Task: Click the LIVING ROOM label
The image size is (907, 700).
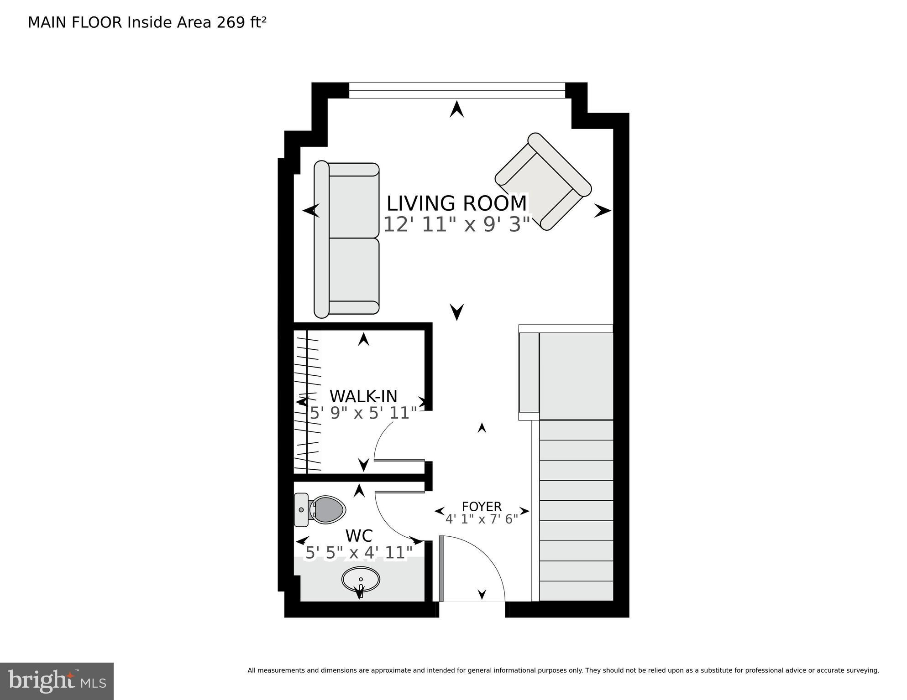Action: (x=456, y=203)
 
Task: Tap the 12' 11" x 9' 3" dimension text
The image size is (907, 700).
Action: (x=456, y=224)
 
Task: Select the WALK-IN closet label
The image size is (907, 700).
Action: (x=363, y=396)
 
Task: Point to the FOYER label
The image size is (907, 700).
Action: (x=482, y=507)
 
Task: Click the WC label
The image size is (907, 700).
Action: (x=359, y=535)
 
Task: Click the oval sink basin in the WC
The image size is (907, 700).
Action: (x=361, y=580)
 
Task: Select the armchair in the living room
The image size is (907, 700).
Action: (x=543, y=181)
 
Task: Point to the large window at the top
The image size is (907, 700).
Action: (x=456, y=90)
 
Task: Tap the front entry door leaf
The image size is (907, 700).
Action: (x=441, y=569)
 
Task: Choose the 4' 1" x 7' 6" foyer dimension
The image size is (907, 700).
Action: (x=482, y=519)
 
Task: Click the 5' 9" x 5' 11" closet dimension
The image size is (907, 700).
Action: (x=363, y=413)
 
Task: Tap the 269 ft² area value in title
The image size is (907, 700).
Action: (x=241, y=22)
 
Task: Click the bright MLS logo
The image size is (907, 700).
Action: (x=57, y=681)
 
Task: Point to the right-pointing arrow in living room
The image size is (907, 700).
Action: (x=602, y=211)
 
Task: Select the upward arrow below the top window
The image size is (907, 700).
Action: (x=456, y=110)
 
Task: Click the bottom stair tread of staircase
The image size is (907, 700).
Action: (x=576, y=591)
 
